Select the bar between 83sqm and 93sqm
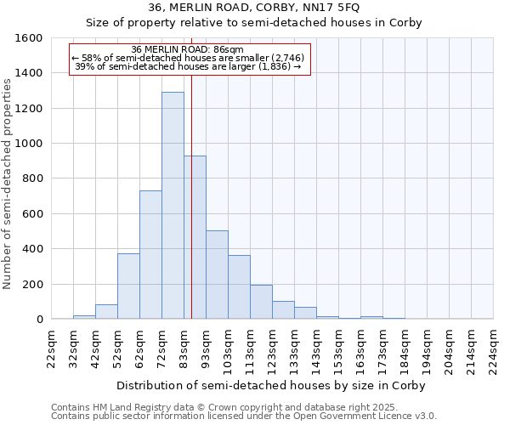click(x=195, y=237)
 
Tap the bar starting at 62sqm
click(x=150, y=255)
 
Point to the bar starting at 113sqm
click(x=261, y=302)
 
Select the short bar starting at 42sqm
click(x=106, y=312)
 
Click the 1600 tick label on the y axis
click(x=30, y=38)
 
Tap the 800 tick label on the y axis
click(x=33, y=178)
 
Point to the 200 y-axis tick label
click(x=33, y=284)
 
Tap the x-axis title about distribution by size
click(x=271, y=385)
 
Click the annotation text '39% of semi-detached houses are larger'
click(x=189, y=66)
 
